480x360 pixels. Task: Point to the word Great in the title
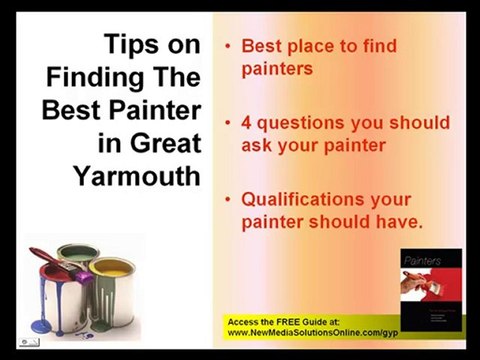pos(162,142)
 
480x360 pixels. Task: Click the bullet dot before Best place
pos(229,47)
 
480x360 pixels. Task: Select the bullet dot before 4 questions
pos(229,123)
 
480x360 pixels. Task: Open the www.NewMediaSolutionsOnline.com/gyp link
pos(311,334)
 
